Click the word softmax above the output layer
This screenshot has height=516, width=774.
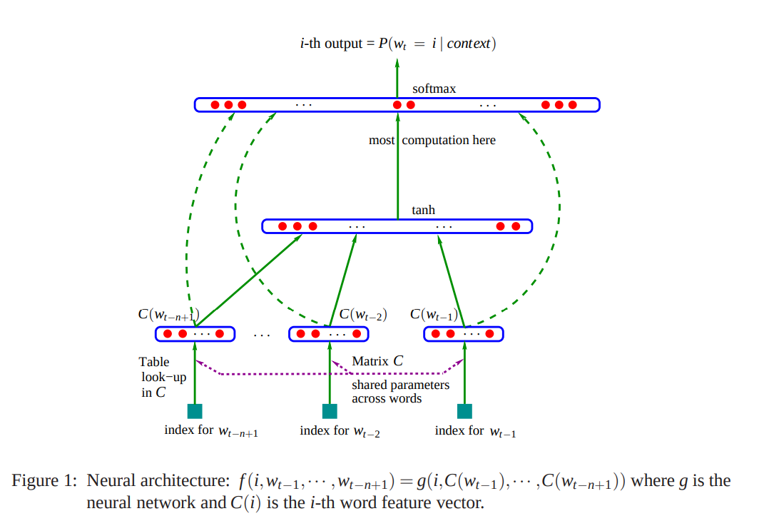tap(434, 88)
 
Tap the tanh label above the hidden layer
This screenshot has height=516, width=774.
tap(424, 210)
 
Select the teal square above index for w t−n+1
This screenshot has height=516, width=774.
tap(195, 411)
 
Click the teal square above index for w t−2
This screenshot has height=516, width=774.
tap(330, 411)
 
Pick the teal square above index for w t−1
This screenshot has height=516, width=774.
tap(464, 411)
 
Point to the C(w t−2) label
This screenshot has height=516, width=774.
tap(363, 315)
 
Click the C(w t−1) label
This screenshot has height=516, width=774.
tap(434, 315)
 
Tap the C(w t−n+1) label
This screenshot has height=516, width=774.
tap(169, 315)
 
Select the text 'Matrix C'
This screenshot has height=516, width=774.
tap(377, 361)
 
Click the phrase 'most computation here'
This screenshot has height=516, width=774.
tap(432, 140)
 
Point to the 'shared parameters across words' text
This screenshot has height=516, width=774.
tap(400, 392)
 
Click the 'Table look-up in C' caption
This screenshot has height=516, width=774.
tap(163, 378)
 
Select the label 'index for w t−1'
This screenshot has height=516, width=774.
tap(475, 431)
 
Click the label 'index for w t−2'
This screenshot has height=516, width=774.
tap(340, 431)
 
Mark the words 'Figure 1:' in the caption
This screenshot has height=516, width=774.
tap(44, 480)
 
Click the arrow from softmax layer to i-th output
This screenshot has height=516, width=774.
tap(397, 79)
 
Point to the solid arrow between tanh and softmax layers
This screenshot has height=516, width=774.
tap(398, 166)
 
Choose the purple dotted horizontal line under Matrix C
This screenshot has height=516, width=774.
tap(330, 374)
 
